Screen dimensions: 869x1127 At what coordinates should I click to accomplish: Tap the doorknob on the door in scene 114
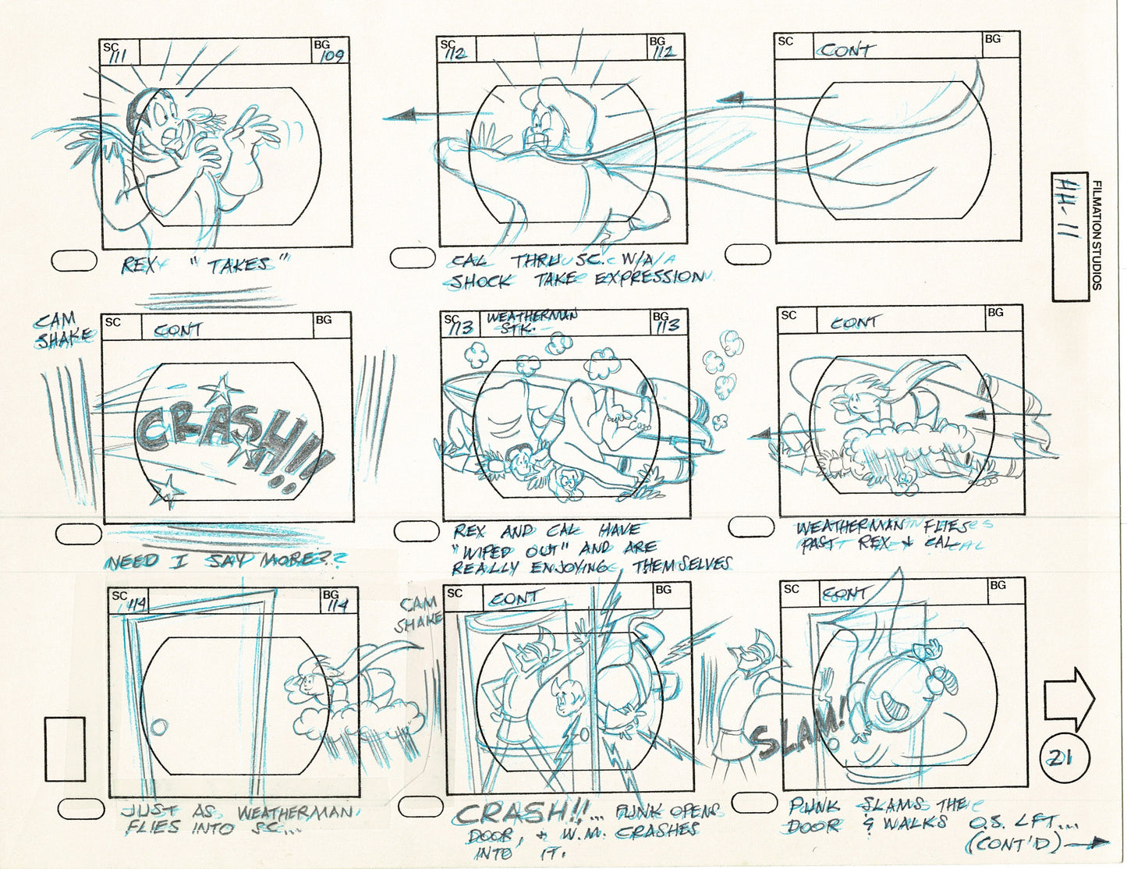coord(159,727)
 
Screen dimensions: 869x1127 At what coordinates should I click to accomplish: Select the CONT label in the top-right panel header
coord(846,50)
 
